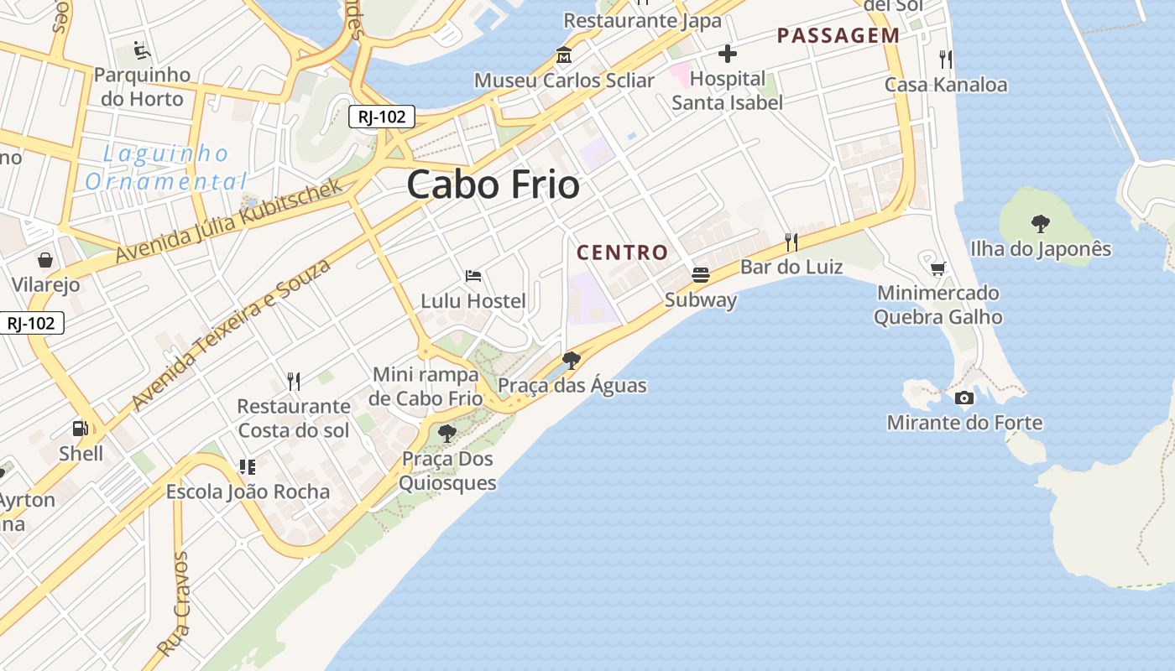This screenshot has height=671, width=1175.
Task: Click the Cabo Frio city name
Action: [493, 185]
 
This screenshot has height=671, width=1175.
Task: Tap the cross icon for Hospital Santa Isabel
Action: [727, 55]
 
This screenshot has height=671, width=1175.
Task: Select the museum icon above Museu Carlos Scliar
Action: [564, 56]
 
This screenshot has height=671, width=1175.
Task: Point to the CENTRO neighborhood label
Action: [622, 252]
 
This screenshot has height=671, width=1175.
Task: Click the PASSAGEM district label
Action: [838, 35]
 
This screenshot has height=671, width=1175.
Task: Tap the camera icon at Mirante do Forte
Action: [964, 398]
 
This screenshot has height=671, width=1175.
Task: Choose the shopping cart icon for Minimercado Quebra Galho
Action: [937, 268]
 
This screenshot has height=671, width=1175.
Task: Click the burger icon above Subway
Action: [700, 274]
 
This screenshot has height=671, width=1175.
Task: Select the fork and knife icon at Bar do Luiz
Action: [791, 242]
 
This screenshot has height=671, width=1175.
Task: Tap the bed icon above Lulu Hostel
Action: [473, 275]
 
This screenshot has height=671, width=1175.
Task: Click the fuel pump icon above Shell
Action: [81, 429]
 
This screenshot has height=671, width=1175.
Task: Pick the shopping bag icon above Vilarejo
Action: [45, 260]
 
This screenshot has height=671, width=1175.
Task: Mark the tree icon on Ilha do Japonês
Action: [1040, 223]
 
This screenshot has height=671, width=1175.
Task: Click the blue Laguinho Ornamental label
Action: [166, 167]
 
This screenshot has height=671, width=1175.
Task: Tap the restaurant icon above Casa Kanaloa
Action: [946, 59]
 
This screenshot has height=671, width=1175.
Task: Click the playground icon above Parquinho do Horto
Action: [142, 51]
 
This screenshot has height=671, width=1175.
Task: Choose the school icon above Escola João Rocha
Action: [247, 466]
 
